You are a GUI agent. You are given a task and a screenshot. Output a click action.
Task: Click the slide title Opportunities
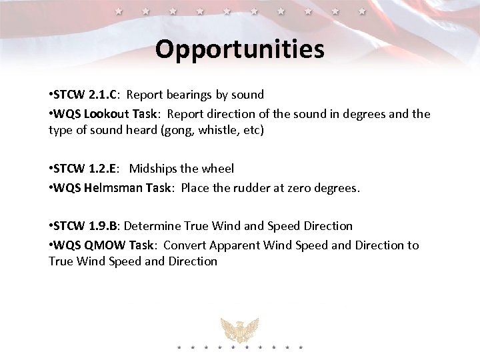pyautogui.click(x=240, y=49)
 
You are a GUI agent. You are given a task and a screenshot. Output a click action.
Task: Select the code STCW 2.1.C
pyautogui.click(x=86, y=95)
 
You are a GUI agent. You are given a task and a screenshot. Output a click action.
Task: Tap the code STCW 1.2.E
pyautogui.click(x=86, y=169)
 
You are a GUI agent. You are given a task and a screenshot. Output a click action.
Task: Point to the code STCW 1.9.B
pyautogui.click(x=87, y=226)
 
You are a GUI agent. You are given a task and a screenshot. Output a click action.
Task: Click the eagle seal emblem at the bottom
pyautogui.click(x=240, y=330)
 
